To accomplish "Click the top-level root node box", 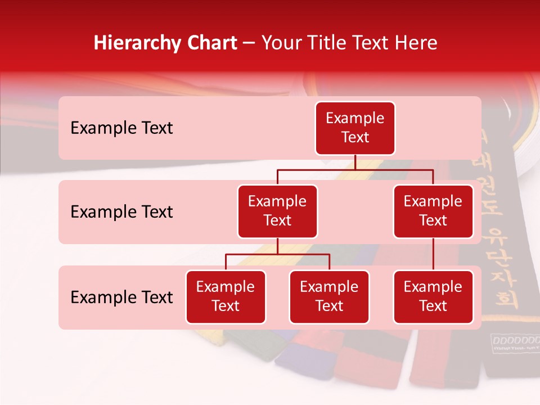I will point(355,128).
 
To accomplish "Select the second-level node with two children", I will point(277,211).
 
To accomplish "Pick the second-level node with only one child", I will point(433,211).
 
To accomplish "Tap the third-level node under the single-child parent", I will point(433,297).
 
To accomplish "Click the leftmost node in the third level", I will point(226,297).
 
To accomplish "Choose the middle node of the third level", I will point(329,297).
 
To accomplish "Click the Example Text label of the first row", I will point(121,128).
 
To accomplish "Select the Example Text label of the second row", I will point(121,212).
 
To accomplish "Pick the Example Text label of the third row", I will point(121,298).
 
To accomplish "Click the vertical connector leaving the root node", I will point(355,162).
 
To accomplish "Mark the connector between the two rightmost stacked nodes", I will point(433,254).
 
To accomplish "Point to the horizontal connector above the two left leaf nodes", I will point(277,254).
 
